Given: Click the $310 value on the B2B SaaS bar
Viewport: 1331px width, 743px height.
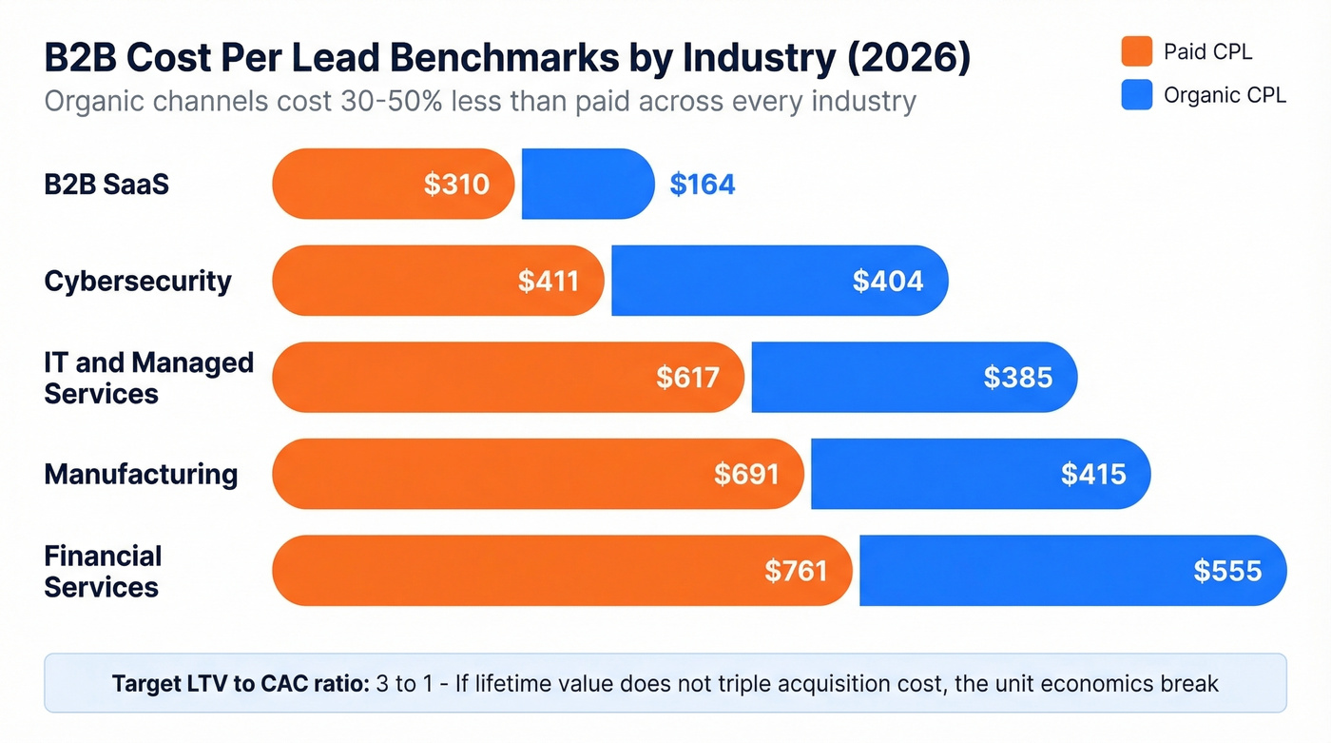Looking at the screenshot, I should tap(456, 184).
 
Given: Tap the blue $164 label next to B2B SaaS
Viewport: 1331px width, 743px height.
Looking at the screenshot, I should tap(702, 184).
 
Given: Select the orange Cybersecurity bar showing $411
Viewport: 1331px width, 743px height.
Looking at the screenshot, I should tap(437, 281).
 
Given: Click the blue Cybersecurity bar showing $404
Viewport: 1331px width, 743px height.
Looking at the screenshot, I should tap(780, 281).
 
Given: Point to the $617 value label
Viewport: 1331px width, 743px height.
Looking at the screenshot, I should tap(687, 378).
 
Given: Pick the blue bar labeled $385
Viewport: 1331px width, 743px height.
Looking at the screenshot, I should tap(913, 378).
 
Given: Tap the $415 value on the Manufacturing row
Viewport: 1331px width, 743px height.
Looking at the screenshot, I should tap(1092, 474).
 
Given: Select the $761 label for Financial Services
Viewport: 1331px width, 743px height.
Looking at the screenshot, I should tap(796, 571).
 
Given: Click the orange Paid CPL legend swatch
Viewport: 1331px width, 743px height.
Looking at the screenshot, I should tap(1136, 51).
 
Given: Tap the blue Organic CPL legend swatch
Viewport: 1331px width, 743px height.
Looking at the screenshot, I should tap(1136, 95).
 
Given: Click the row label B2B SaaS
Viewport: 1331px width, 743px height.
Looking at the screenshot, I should tap(106, 184).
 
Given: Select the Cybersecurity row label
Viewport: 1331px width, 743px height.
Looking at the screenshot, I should tap(138, 281).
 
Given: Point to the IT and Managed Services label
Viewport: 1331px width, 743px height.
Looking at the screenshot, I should tap(148, 378).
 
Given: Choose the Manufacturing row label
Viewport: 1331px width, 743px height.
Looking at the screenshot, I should tap(141, 474).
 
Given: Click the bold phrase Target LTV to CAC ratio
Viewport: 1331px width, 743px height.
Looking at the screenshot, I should tap(240, 683).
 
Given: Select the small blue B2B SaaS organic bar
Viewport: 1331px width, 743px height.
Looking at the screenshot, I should tap(588, 184).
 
